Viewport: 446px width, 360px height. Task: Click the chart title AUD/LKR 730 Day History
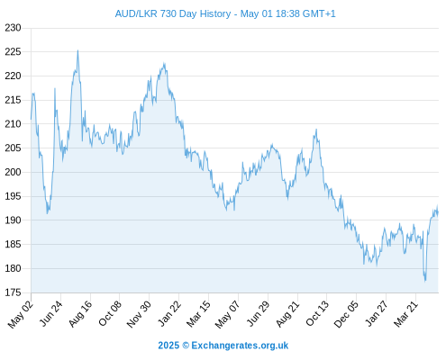point(173,13)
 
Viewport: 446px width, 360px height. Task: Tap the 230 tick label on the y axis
point(13,28)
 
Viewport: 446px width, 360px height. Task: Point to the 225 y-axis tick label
point(13,52)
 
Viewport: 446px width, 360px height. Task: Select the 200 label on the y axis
point(13,172)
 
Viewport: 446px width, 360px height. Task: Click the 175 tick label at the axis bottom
point(13,292)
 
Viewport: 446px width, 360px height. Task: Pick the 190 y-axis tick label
point(13,220)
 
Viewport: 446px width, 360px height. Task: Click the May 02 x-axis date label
point(21,314)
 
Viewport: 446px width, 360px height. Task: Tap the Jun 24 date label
point(51,313)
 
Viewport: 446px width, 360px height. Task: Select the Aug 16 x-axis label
point(80,314)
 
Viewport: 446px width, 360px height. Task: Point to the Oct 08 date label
point(110,313)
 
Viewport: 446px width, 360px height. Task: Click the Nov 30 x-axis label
point(139,314)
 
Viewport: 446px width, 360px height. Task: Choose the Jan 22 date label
point(169,313)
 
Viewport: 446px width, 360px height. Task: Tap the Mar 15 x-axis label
point(198,314)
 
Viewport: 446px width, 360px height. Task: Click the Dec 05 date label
point(346,314)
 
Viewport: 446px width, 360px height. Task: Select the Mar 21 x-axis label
point(405,314)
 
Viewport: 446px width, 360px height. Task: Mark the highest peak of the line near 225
point(77,50)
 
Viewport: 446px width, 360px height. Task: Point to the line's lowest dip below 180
point(425,281)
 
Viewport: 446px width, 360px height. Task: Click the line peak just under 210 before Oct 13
point(316,130)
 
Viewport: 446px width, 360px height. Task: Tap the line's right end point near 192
point(438,212)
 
